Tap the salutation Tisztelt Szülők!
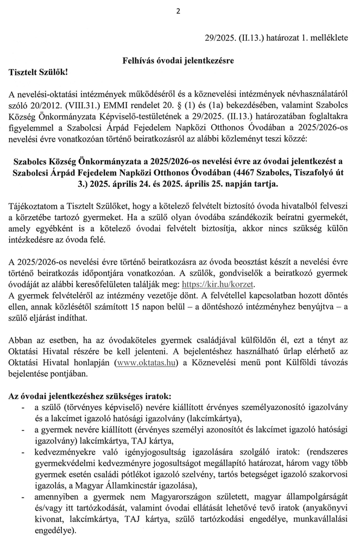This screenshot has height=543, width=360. click(39, 71)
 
